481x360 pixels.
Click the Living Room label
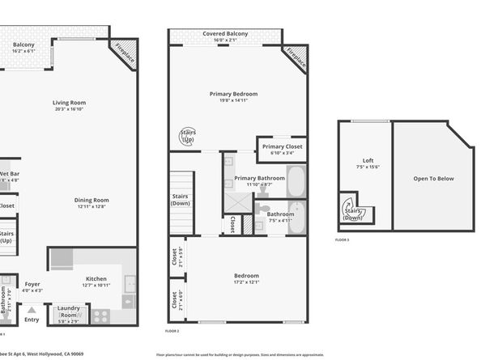[70, 103]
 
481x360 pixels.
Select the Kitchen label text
[96, 279]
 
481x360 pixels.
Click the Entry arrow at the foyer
[32, 309]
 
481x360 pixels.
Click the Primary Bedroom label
[233, 95]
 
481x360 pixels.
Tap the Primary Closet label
[282, 146]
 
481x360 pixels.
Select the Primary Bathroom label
[259, 178]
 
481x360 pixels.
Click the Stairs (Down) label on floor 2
[181, 200]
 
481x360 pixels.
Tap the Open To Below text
[433, 179]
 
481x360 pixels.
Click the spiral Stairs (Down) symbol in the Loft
[353, 210]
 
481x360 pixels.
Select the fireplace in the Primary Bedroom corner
[296, 58]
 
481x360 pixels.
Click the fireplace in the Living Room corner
[125, 53]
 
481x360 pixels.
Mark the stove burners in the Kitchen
[102, 315]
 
